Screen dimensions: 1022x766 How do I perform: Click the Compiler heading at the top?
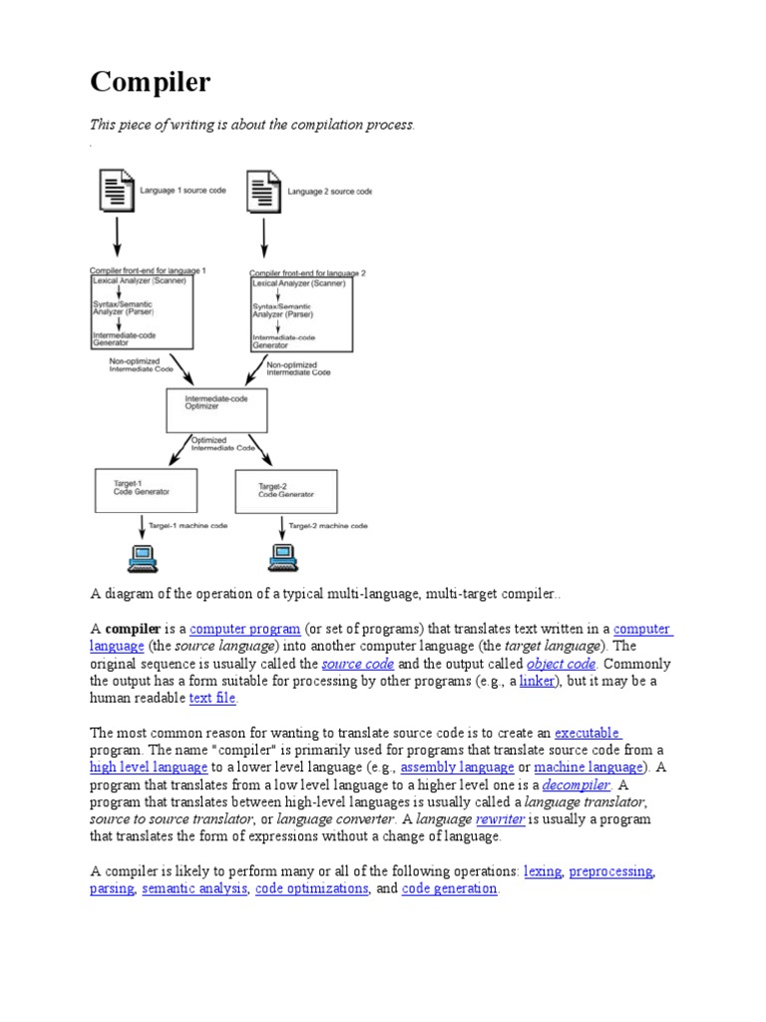(151, 82)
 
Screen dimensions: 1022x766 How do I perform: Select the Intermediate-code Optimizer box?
(215, 409)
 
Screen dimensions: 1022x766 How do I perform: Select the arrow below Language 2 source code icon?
(262, 238)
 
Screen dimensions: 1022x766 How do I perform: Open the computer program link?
(244, 629)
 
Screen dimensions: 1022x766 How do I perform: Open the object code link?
(561, 664)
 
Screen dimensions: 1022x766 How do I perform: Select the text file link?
(213, 699)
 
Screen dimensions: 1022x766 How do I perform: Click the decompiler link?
(575, 784)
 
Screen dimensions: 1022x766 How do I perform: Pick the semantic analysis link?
(194, 888)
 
